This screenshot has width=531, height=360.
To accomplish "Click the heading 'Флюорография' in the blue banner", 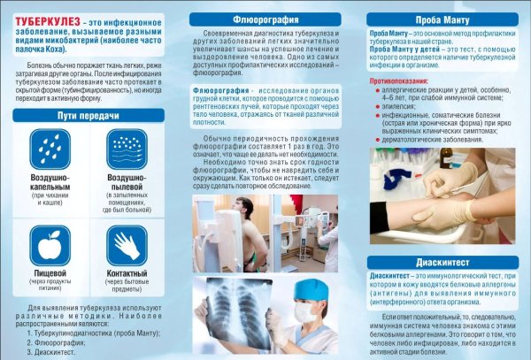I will [x=265, y=18].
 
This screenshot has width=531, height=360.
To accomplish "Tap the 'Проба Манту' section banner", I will [x=442, y=18].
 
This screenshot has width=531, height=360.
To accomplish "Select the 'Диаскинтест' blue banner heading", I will [x=442, y=261].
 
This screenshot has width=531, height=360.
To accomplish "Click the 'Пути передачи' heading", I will [x=88, y=115].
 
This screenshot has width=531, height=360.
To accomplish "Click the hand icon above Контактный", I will [x=127, y=244].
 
